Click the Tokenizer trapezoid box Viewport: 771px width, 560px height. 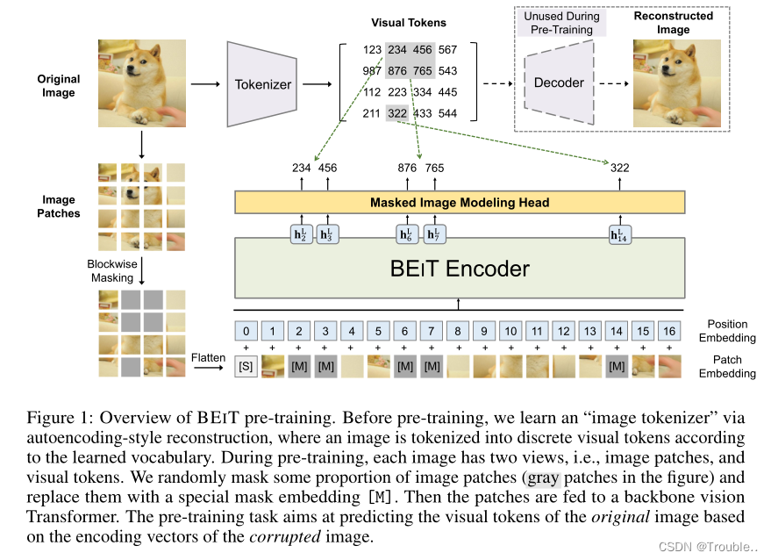tap(264, 84)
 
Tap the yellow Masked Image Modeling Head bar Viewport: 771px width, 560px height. tap(459, 203)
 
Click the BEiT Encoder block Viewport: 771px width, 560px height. tap(459, 268)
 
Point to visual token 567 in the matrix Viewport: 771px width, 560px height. tap(447, 51)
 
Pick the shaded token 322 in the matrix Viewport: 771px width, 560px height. tap(396, 113)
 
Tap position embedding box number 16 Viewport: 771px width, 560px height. tap(669, 332)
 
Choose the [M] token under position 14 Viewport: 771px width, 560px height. tap(617, 363)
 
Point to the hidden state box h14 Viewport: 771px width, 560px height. tap(619, 234)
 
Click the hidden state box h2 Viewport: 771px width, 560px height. tap(301, 234)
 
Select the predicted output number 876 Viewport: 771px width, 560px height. tap(408, 168)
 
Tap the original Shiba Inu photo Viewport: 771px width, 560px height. tap(140, 83)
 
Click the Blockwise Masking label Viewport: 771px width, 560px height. tap(111, 270)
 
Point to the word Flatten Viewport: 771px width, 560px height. tap(209, 357)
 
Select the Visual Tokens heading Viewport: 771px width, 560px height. tap(409, 23)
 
